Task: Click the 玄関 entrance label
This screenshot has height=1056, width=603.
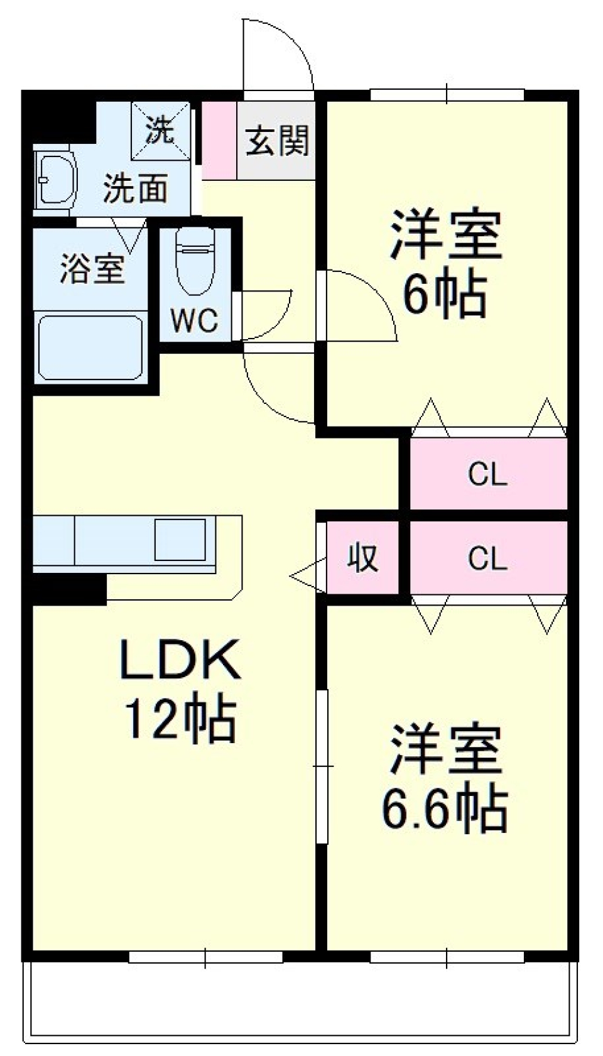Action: (x=277, y=140)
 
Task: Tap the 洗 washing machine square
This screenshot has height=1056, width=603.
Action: (x=160, y=131)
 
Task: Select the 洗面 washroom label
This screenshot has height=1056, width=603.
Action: (x=136, y=188)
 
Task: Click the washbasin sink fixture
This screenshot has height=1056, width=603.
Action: (x=55, y=180)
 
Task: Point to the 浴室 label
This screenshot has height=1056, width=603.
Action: (x=92, y=269)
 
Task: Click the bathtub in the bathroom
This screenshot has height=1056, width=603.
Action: (x=90, y=347)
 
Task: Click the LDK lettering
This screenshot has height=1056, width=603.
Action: (x=180, y=659)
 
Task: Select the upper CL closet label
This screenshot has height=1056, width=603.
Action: (x=487, y=474)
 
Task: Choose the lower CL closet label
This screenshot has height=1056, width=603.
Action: (x=487, y=558)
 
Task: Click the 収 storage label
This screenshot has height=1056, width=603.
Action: (x=363, y=557)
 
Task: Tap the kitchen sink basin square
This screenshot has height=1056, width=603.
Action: (x=180, y=540)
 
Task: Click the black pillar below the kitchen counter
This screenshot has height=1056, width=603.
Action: (x=69, y=590)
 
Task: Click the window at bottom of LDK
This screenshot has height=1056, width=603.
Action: (x=205, y=957)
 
